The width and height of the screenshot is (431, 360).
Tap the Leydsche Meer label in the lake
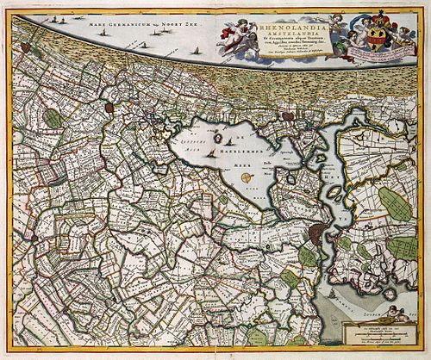[x=192, y=152]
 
